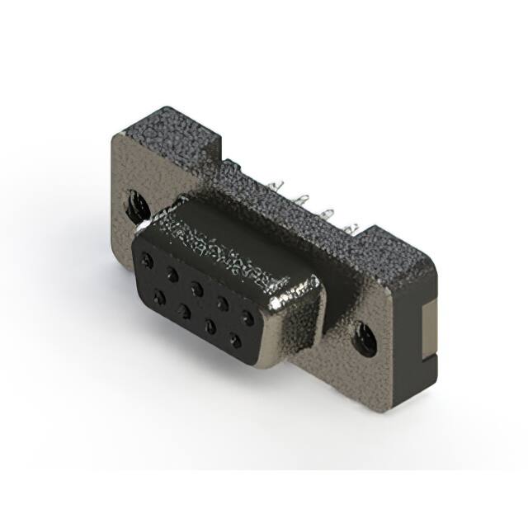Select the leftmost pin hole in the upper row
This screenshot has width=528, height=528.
pyautogui.click(x=148, y=258)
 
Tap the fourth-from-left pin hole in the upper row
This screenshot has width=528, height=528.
pyautogui.click(x=222, y=300)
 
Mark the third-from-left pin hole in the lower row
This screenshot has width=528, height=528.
pyautogui.click(x=211, y=325)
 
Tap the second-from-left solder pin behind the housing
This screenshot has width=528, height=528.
pyautogui.click(x=303, y=199)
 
